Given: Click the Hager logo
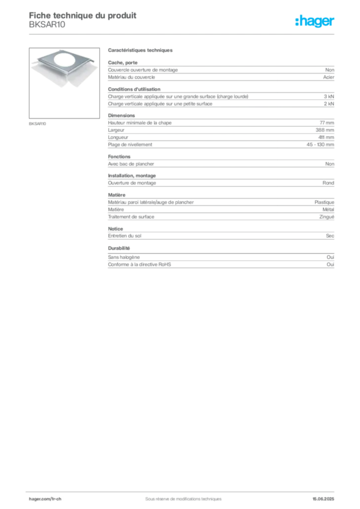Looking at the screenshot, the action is pos(315,21).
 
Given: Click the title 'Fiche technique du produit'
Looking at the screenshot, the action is pos(83,15).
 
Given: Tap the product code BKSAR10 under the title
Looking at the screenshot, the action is pos(47,25).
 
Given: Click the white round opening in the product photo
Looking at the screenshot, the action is pos(66,61).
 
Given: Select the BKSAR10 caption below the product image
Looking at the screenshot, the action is pos(37,124).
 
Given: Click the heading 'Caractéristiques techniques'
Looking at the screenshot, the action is pos(140,50).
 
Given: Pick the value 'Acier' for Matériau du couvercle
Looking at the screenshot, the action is pos(329,77).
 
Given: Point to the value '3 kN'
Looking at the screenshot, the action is pos(329,96).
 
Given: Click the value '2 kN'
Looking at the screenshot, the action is pos(329,104).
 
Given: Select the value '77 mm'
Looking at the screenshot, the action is pos(327,123).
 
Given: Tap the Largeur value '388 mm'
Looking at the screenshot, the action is pos(325,130).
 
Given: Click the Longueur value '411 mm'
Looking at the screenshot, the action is pos(326,137).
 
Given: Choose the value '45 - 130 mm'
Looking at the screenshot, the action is pos(320,145).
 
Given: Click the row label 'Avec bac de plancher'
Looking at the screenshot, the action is pos(131,164).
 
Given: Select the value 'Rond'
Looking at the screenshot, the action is pos(328,183).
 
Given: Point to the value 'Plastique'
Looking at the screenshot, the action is pos(324,202).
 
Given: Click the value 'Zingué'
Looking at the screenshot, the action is pos(327,217).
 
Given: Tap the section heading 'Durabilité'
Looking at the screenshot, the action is pos(119,249).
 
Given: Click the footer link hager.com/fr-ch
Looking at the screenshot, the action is pos(45,499).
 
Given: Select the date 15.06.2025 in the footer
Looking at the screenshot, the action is pos(323,499).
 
